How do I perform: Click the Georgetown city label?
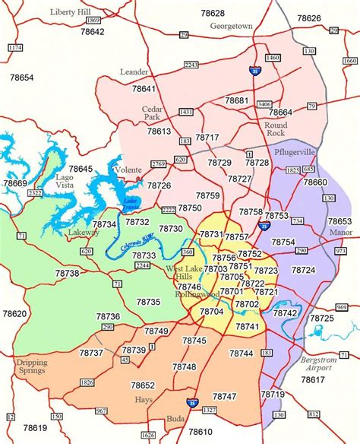point(231,26)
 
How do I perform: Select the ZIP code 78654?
point(21,78)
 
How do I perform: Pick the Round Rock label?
point(276,128)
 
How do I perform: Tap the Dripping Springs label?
point(31,367)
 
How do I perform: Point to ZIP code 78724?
point(303,270)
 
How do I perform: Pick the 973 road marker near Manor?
point(340,250)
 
